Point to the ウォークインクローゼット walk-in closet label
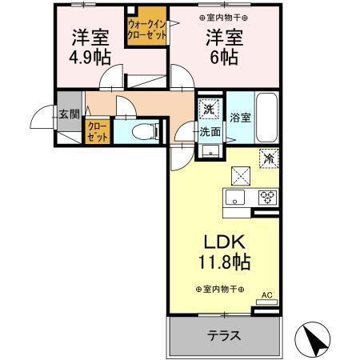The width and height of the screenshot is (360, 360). (146, 30)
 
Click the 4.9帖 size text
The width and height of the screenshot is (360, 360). (87, 58)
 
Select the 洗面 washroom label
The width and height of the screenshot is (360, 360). (210, 131)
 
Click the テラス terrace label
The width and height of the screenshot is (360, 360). (225, 336)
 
